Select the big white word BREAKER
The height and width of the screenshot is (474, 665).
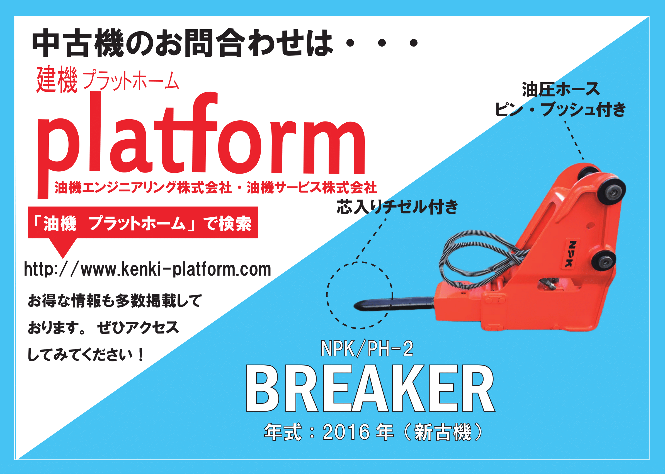(370, 388)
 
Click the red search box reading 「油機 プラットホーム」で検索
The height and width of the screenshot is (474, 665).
(143, 223)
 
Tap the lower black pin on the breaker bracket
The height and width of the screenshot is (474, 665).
(603, 260)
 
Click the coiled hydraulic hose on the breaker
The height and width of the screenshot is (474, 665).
(479, 257)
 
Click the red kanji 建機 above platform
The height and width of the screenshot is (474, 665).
(57, 79)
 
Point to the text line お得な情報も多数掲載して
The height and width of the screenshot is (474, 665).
(115, 300)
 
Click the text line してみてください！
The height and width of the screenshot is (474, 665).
(86, 355)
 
